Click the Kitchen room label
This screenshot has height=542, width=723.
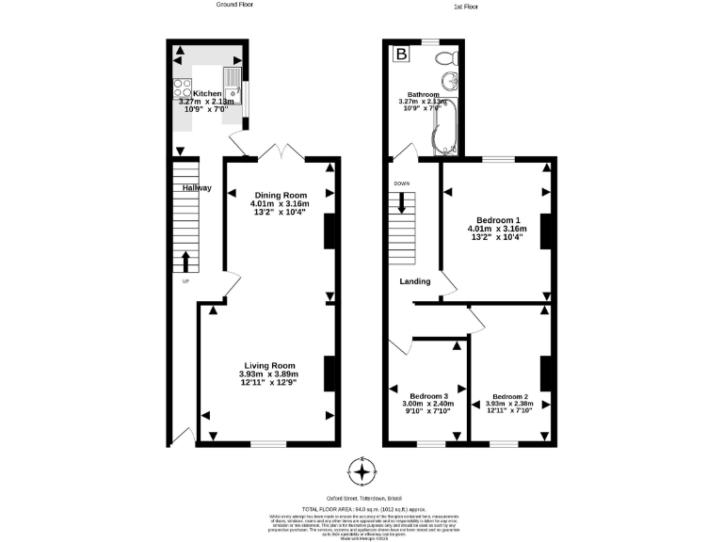(207, 94)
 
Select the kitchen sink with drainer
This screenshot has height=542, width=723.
(232, 86)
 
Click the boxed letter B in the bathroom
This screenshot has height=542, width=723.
(402, 56)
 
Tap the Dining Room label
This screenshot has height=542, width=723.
(280, 195)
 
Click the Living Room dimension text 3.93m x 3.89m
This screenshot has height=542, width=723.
(268, 375)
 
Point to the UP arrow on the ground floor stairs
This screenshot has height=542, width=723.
(185, 262)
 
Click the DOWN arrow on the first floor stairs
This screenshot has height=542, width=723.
(402, 203)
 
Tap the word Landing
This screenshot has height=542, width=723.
(415, 281)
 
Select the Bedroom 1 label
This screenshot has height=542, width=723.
(497, 218)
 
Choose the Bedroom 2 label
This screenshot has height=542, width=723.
(509, 396)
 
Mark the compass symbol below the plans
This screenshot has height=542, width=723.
(361, 470)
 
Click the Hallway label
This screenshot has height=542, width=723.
(197, 188)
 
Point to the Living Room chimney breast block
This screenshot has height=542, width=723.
(329, 374)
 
